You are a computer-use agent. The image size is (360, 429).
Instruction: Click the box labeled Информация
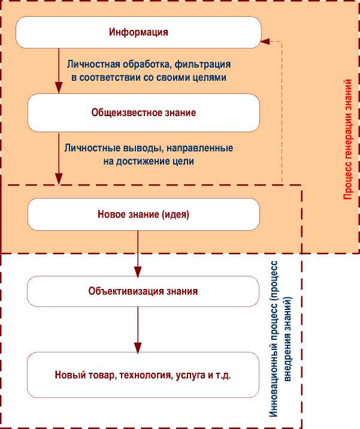click(138, 32)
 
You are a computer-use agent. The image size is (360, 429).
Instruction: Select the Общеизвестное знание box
click(144, 112)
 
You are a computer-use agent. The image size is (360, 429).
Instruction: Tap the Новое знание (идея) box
click(144, 214)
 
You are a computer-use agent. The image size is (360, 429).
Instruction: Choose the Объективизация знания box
click(143, 291)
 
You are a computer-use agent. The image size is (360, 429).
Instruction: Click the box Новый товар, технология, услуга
click(143, 376)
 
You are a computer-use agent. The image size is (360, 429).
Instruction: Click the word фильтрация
click(206, 63)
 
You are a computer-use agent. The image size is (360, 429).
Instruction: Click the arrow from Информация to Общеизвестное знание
click(59, 72)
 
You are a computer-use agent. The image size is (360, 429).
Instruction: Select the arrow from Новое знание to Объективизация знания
click(138, 251)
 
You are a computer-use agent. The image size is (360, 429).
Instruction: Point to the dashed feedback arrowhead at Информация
click(266, 42)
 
